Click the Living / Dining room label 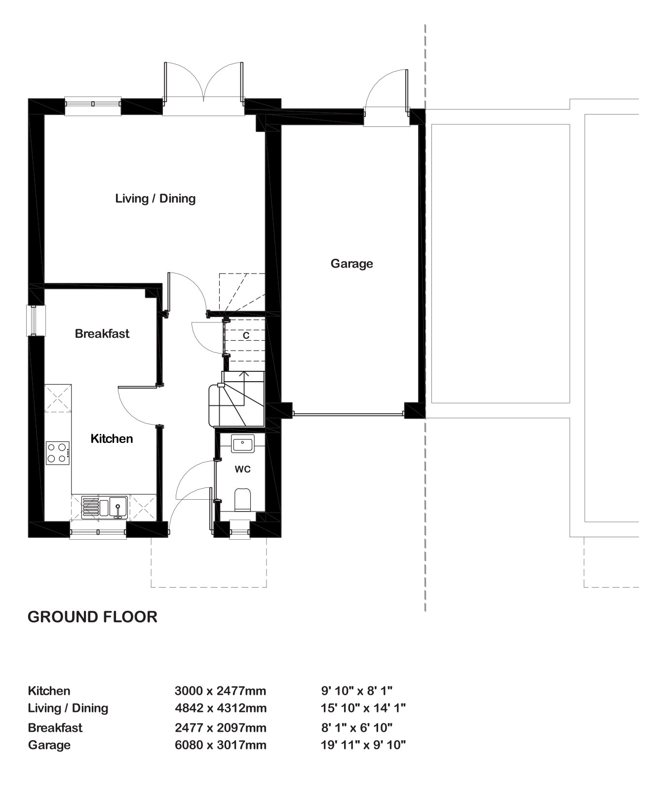coord(155,198)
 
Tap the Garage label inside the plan coord(351,264)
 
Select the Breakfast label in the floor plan coord(102,334)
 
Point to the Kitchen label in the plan coord(112,438)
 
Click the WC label coord(242,470)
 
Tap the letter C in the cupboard coord(246,335)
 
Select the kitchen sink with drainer coord(104,507)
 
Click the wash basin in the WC coord(242,443)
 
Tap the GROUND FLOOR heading coord(92,617)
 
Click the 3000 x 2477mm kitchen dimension coord(221,691)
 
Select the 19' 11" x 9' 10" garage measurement coord(363,745)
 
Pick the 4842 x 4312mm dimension coord(221,708)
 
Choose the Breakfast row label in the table coord(55,728)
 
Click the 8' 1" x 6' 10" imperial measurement coord(356,727)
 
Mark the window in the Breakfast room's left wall coord(36,321)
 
